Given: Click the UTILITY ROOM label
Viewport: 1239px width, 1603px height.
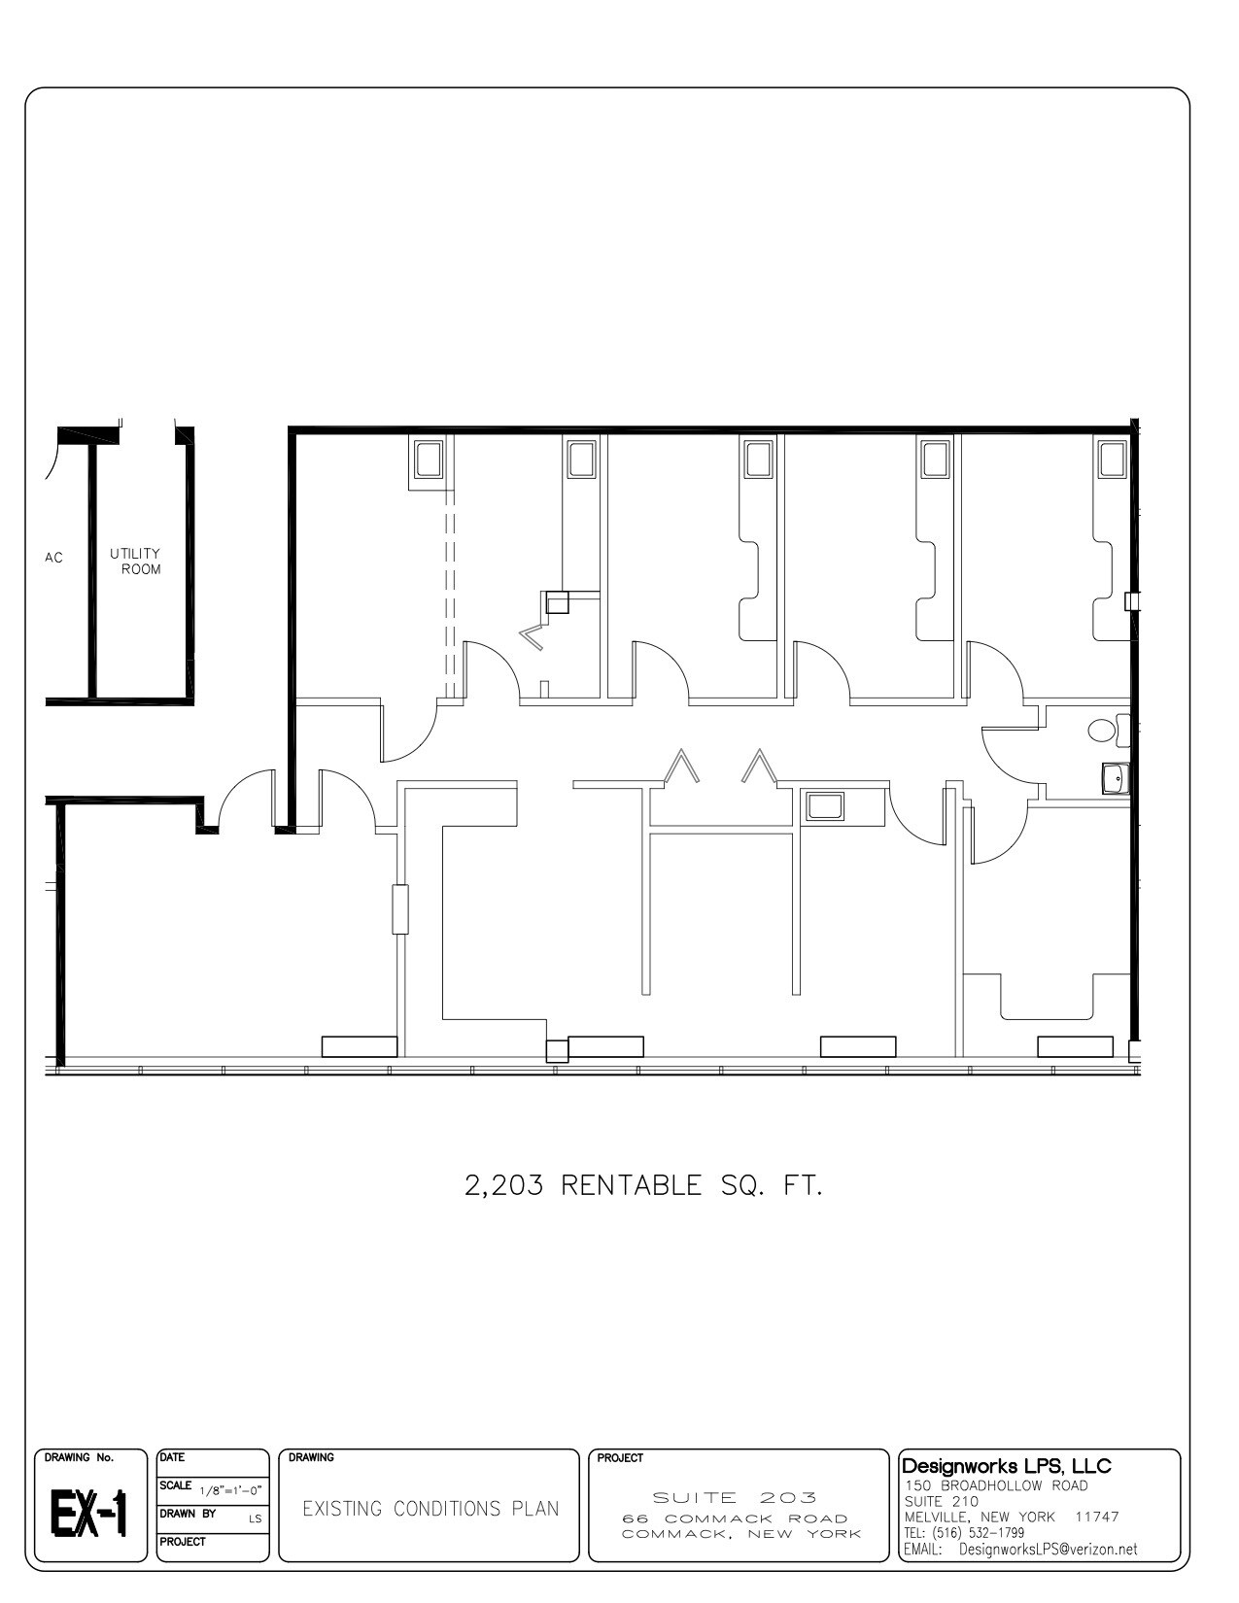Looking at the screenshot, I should tap(135, 561).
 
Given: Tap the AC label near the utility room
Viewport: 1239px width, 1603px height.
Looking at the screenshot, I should tap(53, 558).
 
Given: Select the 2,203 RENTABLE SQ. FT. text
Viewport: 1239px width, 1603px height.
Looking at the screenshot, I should tap(643, 1185).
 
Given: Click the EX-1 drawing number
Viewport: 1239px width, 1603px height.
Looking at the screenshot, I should tap(89, 1515).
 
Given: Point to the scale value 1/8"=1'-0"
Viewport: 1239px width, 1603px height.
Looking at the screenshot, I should tap(230, 1490).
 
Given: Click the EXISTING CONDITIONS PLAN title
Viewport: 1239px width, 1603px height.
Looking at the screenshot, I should tap(430, 1509).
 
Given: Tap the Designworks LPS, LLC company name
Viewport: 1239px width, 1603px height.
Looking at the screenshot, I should tap(1007, 1465).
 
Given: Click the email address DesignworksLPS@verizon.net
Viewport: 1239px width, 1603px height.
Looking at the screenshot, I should tap(1048, 1550).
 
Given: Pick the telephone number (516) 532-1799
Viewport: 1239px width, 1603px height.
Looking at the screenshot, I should tap(981, 1533).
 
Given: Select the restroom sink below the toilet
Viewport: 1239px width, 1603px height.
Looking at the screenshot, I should tap(1116, 778).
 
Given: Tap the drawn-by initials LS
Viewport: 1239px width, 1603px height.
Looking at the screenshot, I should tap(255, 1518).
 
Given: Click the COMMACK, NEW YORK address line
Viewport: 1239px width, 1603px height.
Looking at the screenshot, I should tap(741, 1534).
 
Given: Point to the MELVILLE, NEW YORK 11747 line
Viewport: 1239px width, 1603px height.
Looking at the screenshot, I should tap(1011, 1517).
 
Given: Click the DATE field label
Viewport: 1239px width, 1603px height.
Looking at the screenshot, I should tap(172, 1457).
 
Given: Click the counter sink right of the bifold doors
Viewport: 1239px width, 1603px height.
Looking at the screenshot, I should tap(825, 806).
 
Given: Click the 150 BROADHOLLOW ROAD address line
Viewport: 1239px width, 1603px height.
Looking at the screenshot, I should tap(996, 1485).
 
